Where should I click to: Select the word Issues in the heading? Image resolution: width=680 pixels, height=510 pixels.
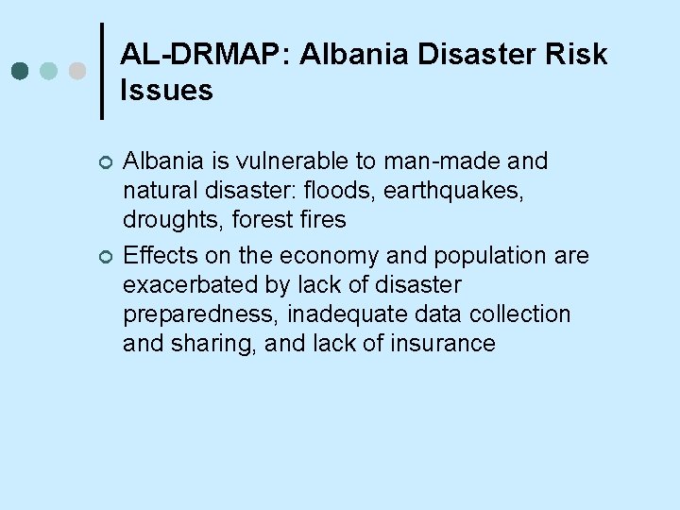point(167,91)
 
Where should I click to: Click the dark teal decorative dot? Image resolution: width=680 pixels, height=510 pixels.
point(20,71)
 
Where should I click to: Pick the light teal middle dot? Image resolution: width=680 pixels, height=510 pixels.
point(49,71)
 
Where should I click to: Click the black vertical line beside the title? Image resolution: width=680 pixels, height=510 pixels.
point(102,71)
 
